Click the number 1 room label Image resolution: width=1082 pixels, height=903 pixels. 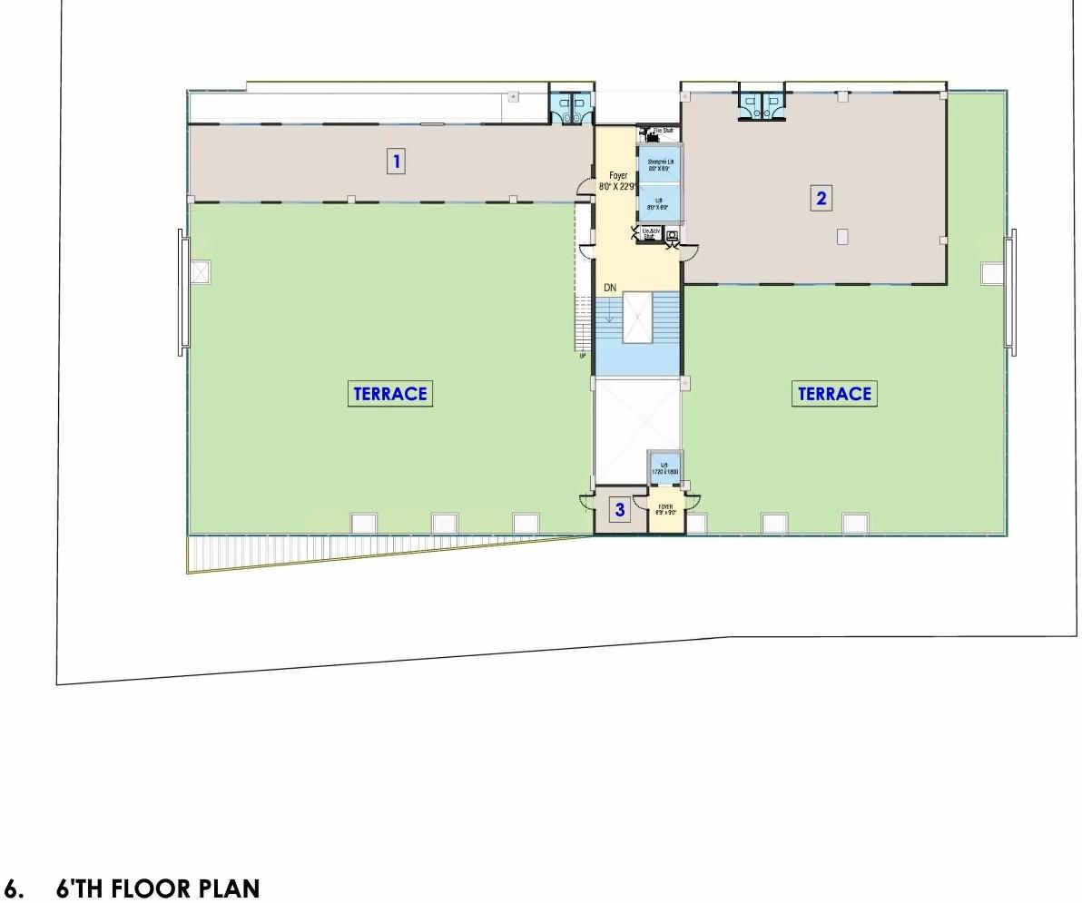pos(396,162)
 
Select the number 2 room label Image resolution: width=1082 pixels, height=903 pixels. pos(821,198)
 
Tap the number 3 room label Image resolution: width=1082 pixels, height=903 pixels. pos(620,510)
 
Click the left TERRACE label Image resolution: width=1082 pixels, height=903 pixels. pos(389,394)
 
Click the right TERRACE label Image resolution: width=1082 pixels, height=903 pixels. pos(834,394)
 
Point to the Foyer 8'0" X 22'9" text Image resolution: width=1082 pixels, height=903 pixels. pos(617,181)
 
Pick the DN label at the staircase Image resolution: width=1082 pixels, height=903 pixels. pos(611,288)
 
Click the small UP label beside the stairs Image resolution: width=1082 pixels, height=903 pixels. pos(583,356)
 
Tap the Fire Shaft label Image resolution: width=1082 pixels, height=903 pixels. pos(664,131)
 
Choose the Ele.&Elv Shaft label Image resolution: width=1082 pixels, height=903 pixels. pos(650,234)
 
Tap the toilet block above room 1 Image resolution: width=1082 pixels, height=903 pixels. pos(572,108)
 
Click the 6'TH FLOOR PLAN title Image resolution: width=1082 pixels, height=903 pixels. pos(157,888)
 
